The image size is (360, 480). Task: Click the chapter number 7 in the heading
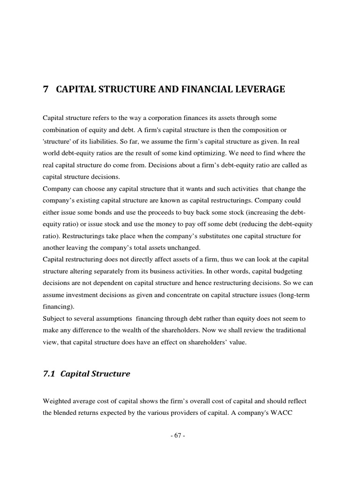point(45,89)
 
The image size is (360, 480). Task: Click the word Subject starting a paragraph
point(53,318)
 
